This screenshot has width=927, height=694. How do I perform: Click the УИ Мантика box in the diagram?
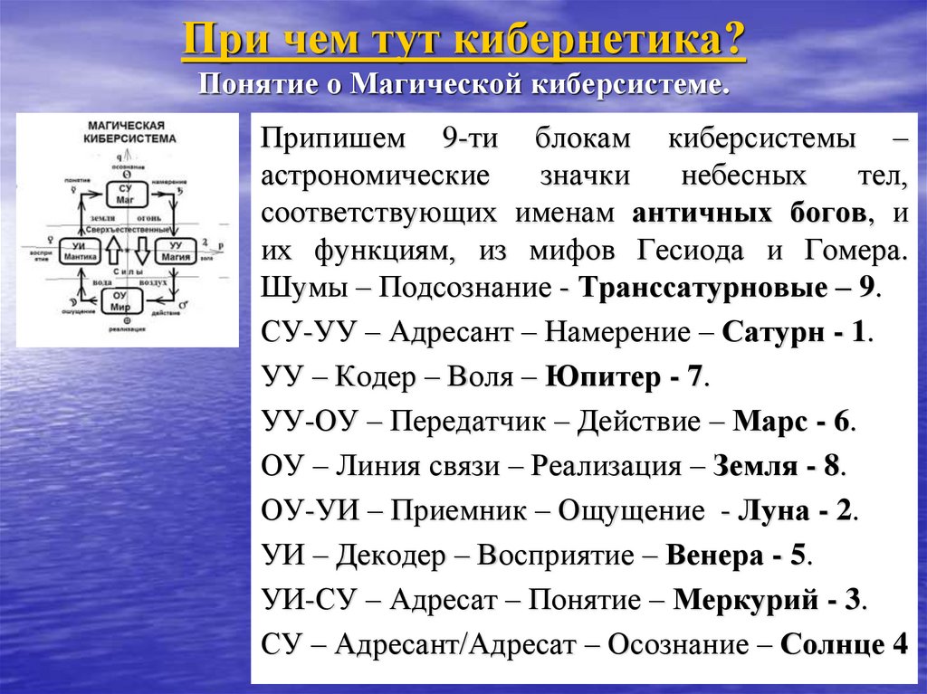coord(81,250)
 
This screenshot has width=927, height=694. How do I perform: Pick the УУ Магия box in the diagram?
coord(176,250)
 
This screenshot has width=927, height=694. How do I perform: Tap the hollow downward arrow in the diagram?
coord(142,248)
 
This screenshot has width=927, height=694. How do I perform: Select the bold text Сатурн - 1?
coord(797,331)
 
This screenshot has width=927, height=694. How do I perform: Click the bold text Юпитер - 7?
coord(625,376)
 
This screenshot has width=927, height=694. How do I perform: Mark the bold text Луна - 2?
coord(797,510)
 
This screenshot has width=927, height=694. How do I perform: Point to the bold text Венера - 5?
coord(739,555)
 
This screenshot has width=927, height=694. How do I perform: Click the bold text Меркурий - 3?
coord(769,600)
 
